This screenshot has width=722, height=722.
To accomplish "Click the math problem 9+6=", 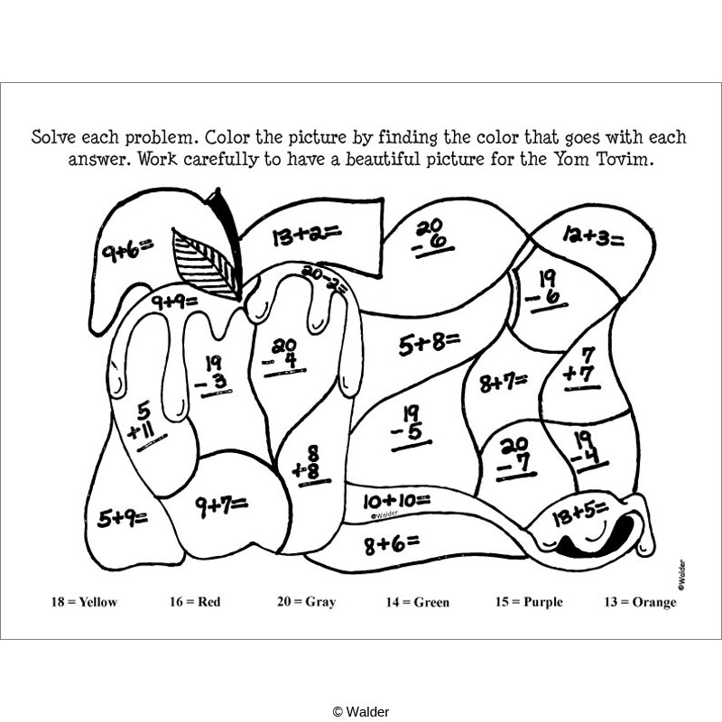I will [x=127, y=248].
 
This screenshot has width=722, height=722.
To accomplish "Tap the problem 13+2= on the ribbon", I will [x=306, y=236].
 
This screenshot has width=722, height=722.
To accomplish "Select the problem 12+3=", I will [x=593, y=237].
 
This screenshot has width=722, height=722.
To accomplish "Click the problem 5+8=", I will [x=430, y=344].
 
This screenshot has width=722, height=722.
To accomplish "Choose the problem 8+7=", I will [x=503, y=383].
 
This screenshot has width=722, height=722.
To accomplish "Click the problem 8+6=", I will [x=392, y=543].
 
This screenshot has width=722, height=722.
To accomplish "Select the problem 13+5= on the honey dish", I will [x=579, y=512].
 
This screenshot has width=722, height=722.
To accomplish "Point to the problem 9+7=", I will [x=221, y=506].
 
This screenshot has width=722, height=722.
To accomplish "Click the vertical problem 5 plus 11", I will [x=145, y=422].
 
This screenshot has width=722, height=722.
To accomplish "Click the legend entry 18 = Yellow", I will [x=84, y=602].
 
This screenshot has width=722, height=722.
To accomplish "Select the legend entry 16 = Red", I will [x=195, y=602].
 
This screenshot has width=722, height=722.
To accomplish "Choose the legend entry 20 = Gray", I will [x=306, y=602].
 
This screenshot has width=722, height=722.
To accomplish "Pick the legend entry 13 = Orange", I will [x=640, y=602].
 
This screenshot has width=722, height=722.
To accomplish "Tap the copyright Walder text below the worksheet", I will [x=361, y=711].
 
